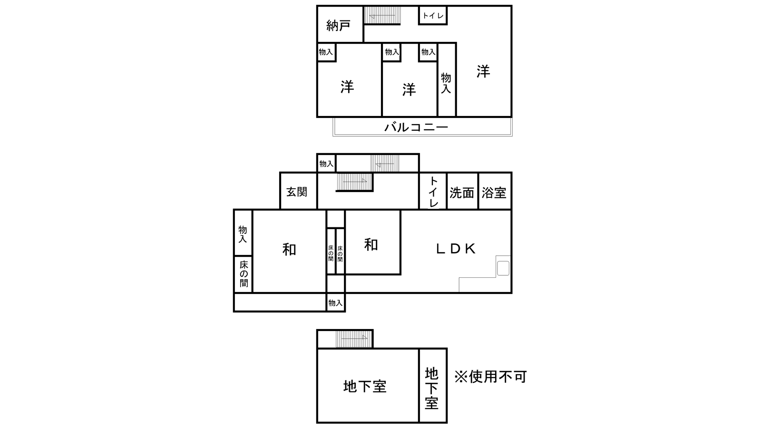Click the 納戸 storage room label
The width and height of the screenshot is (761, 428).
point(338,26)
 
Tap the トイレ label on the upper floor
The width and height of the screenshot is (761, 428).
point(433,16)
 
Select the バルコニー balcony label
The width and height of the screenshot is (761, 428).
point(416,127)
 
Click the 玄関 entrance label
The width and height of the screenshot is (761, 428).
point(297,192)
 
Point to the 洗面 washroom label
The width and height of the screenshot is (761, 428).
point(462,193)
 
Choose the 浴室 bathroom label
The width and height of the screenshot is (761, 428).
point(494,193)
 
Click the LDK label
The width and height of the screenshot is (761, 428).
point(456,249)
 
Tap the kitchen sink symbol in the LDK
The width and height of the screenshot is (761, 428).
point(503,268)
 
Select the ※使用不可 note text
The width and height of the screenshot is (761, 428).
point(490,377)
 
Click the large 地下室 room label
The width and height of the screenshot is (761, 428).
point(365,387)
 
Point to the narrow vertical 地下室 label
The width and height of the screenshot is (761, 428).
point(431,388)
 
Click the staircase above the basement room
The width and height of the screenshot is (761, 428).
point(354,339)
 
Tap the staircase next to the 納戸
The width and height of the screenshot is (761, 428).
point(382,15)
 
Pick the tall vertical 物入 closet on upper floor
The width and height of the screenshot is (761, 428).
point(446,80)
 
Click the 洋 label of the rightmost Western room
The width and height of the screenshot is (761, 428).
point(483,72)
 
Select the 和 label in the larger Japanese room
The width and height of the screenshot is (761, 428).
point(289,250)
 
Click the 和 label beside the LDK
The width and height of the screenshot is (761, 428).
point(371,244)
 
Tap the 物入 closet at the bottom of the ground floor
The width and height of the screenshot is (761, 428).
point(335,302)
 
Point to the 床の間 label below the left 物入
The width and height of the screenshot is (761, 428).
point(244,274)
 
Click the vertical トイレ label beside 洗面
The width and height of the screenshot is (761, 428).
point(433,192)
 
